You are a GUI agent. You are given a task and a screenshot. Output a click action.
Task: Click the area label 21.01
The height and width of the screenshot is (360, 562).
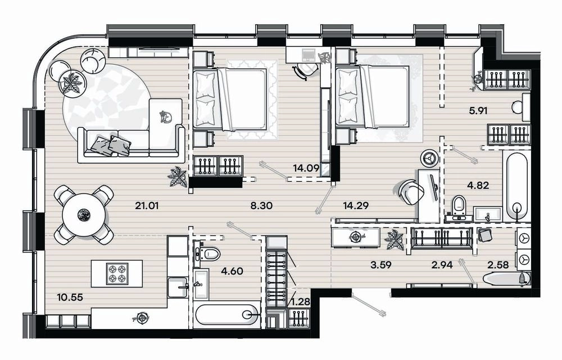[147, 206]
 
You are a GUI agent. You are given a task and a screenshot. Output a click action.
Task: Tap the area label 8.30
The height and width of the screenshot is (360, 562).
[262, 206]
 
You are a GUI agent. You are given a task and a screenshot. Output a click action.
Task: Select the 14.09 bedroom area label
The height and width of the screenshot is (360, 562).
[306, 168]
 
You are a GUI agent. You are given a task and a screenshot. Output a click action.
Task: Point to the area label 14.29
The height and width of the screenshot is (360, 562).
[356, 206]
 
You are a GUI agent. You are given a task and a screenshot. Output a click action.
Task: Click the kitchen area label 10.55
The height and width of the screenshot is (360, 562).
[70, 297]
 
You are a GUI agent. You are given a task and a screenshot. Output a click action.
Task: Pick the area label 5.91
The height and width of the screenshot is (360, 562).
[478, 111]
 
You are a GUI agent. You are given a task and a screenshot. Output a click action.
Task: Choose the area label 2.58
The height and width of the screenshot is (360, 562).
[498, 265]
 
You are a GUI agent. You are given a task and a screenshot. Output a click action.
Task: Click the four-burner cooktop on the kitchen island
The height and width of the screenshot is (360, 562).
[117, 273]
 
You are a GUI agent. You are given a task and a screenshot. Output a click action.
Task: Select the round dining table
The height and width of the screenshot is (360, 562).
[84, 215]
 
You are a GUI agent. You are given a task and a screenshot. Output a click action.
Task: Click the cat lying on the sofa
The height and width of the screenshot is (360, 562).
[166, 116]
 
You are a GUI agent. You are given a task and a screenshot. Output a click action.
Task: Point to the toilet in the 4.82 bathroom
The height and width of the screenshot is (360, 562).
[459, 207]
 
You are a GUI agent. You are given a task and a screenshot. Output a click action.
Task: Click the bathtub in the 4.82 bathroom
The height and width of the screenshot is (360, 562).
[516, 186]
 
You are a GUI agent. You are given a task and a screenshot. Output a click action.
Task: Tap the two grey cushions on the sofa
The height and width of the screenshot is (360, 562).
[111, 146]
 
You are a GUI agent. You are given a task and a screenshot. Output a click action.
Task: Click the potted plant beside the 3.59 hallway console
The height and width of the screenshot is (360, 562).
[395, 240]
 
